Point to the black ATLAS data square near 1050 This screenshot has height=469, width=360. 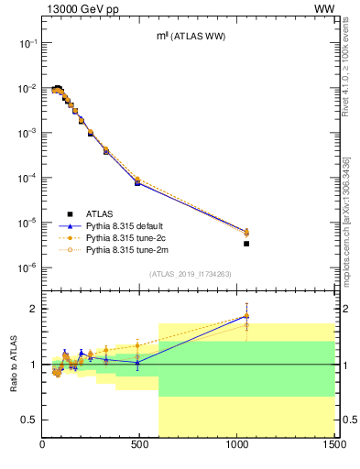click(246, 244)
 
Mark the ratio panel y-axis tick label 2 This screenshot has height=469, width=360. click(33, 309)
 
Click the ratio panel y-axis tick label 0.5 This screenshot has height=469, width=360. click(29, 420)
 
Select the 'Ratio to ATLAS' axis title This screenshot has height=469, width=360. click(14, 364)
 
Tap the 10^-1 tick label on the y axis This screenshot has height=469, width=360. click(27, 43)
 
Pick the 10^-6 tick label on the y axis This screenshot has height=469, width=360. click(27, 267)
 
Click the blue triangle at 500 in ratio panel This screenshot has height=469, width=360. click(137, 363)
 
